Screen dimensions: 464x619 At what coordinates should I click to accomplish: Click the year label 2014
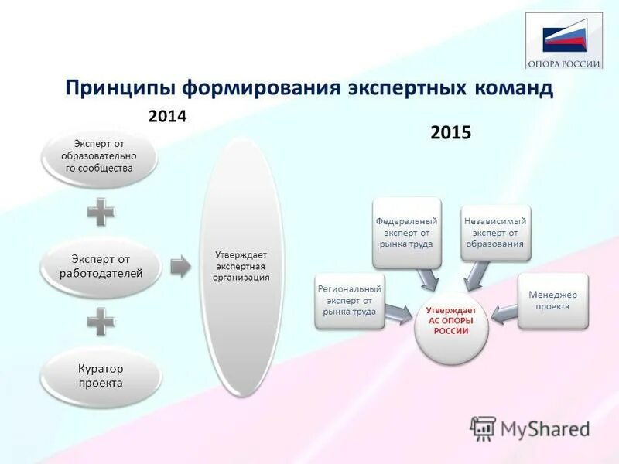(168, 116)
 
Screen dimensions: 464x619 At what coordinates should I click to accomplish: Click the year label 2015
(450, 133)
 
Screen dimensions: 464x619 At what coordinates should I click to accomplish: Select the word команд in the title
(511, 87)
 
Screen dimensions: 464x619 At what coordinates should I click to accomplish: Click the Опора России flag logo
(564, 40)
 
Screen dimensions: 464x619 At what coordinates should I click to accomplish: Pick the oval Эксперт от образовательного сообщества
(98, 156)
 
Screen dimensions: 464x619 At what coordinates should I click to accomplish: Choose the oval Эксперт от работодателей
(101, 267)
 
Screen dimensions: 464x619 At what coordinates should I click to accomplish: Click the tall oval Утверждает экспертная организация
(241, 267)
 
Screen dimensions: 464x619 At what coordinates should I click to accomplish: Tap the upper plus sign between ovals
(101, 211)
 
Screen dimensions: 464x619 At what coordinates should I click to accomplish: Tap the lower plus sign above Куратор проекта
(101, 320)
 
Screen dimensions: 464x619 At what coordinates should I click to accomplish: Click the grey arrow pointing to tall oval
(180, 267)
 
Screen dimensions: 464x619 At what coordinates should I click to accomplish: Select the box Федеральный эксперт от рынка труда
(406, 233)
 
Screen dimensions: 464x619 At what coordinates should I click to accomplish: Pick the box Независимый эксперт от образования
(495, 233)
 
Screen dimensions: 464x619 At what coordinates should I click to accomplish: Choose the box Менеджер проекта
(553, 301)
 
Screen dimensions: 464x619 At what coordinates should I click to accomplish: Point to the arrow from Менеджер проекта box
(505, 312)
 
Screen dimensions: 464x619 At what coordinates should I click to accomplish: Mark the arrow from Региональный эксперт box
(398, 311)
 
